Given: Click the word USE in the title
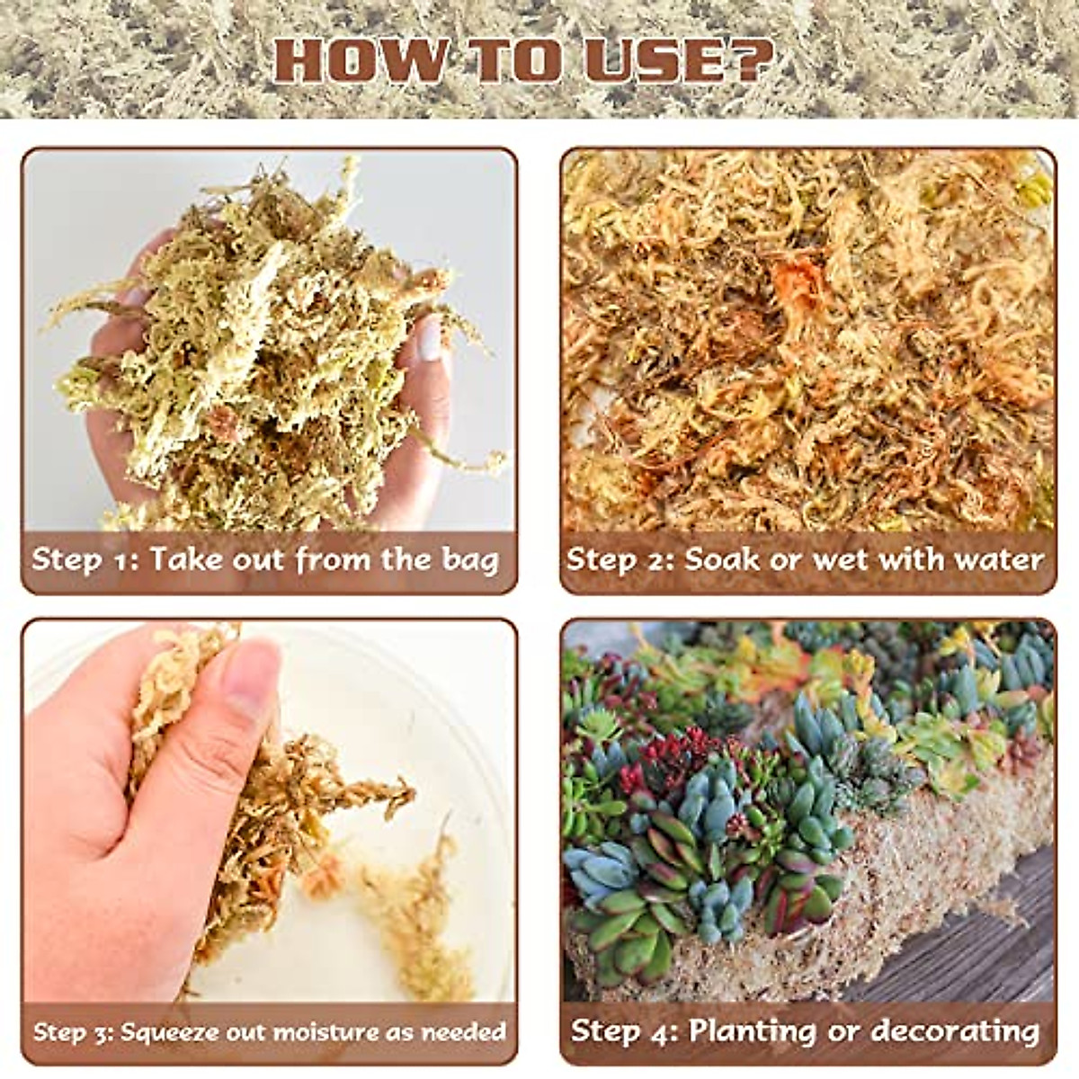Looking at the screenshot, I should coord(647,61).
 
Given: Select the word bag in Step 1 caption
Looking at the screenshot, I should coord(469,560).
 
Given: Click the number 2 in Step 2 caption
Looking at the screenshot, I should coord(664,559).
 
